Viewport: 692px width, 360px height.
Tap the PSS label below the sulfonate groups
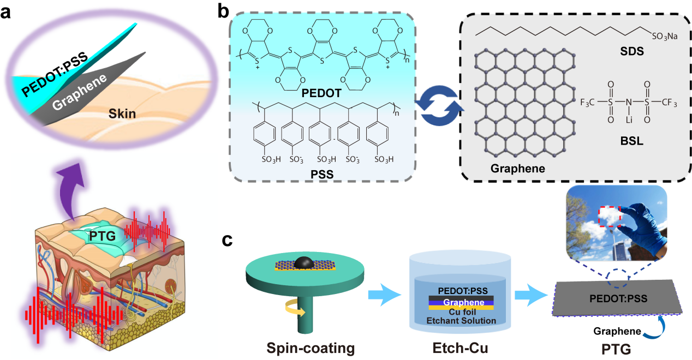point(320,174)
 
